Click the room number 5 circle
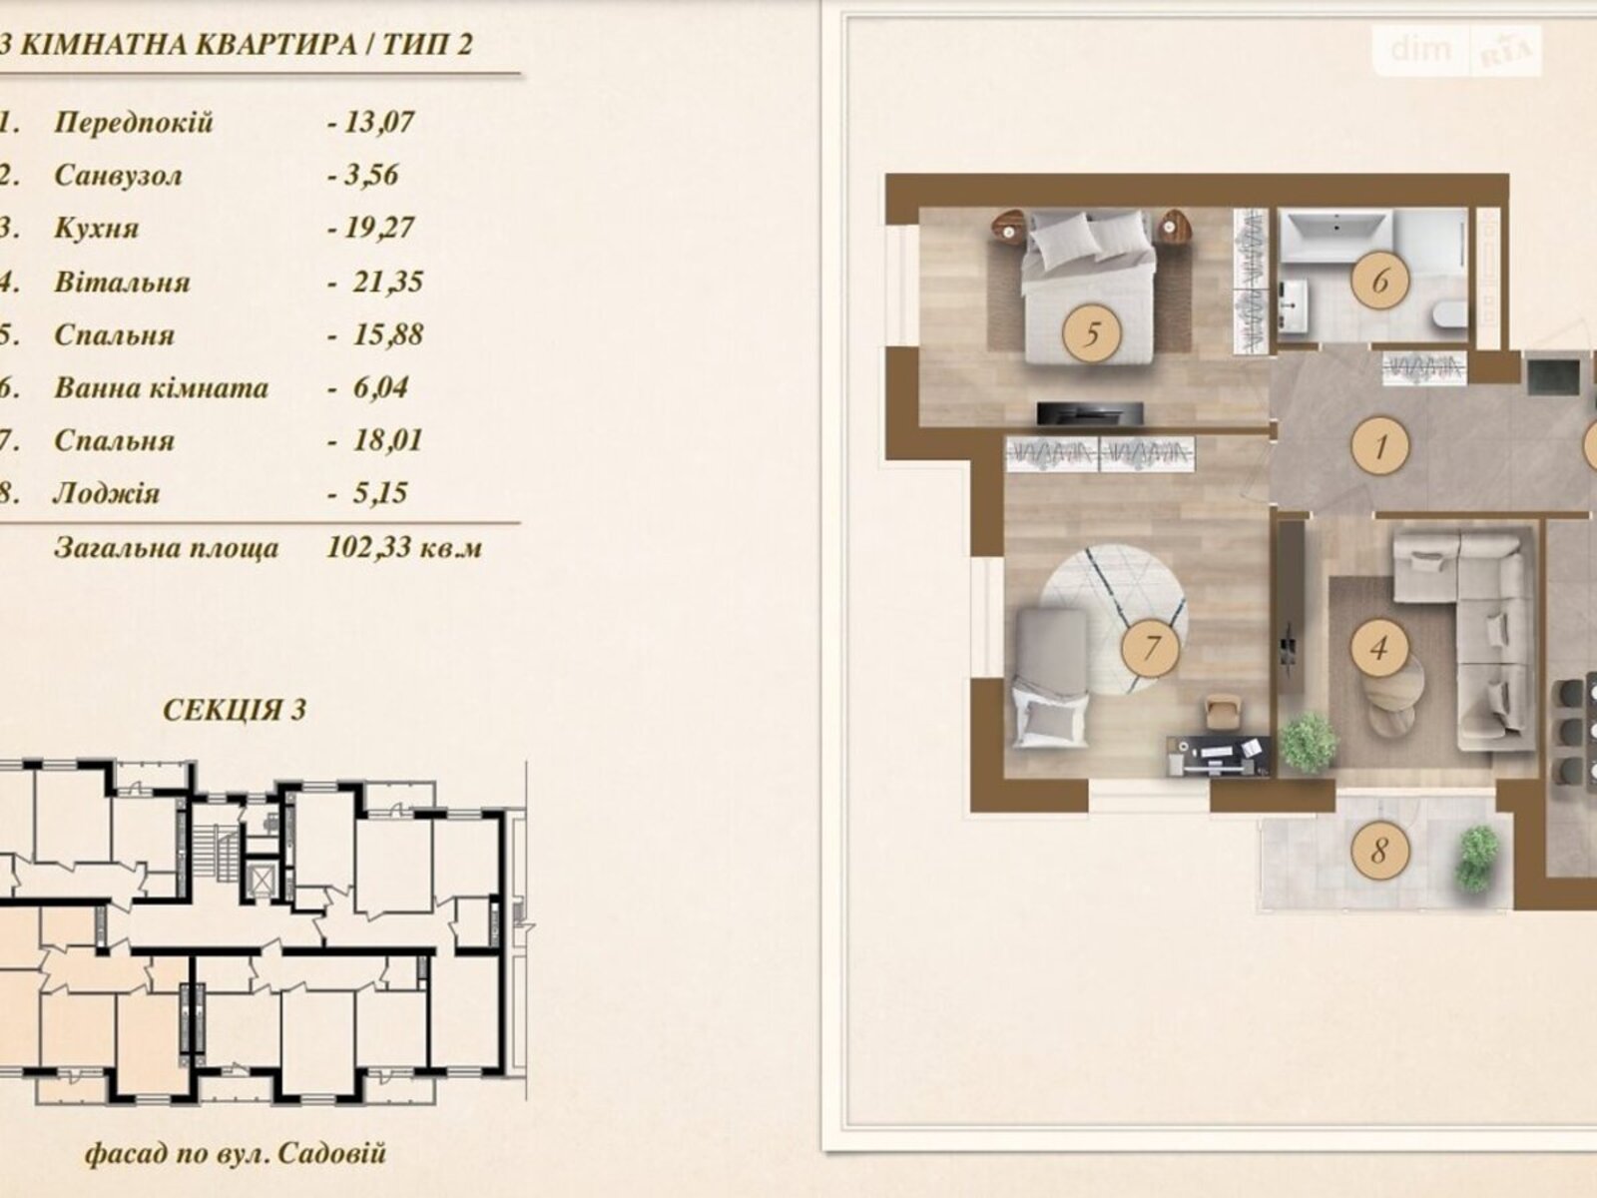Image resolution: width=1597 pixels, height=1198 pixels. pyautogui.click(x=1091, y=333)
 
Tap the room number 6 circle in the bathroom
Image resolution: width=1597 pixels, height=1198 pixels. pyautogui.click(x=1380, y=281)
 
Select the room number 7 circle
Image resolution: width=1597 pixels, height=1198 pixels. pyautogui.click(x=1150, y=647)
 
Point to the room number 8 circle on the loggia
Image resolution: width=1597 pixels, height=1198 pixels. pyautogui.click(x=1378, y=851)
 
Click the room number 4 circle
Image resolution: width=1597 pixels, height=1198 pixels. pyautogui.click(x=1378, y=647)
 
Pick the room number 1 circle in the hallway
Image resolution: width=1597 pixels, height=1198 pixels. pyautogui.click(x=1380, y=445)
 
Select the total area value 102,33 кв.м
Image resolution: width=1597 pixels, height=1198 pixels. pyautogui.click(x=404, y=547)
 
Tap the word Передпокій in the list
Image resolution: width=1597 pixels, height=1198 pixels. pyautogui.click(x=133, y=122)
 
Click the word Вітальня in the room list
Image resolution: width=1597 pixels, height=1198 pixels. pyautogui.click(x=122, y=282)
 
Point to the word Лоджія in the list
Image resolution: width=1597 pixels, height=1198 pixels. pyautogui.click(x=106, y=494)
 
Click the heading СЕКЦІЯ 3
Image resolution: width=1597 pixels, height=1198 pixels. pyautogui.click(x=235, y=710)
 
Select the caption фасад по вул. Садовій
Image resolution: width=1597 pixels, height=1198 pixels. pyautogui.click(x=236, y=1154)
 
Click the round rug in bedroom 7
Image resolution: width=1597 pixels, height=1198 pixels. pyautogui.click(x=1114, y=618)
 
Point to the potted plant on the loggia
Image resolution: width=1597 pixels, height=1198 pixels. pyautogui.click(x=1479, y=859)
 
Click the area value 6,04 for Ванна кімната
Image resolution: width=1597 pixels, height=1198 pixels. pyautogui.click(x=379, y=387)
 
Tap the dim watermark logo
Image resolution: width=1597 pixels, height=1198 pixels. pyautogui.click(x=1420, y=49)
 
